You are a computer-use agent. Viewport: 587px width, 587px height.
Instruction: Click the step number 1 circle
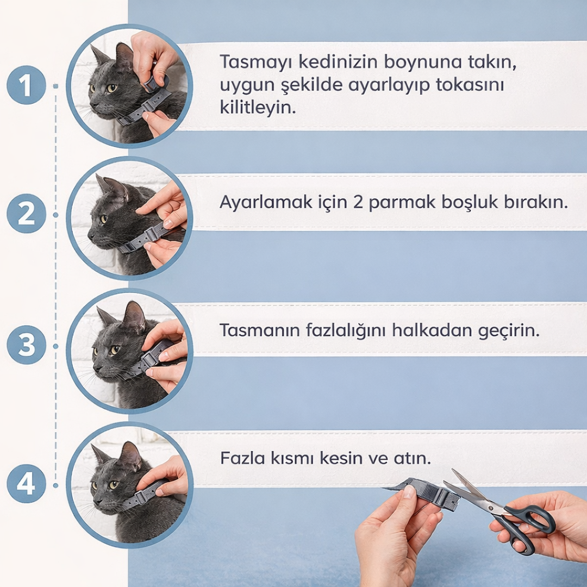tap(26, 85)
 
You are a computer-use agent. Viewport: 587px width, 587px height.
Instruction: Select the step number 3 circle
tap(26, 345)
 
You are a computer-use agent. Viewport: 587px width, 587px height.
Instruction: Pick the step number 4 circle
tap(26, 483)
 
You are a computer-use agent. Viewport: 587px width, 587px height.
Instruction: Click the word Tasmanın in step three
tap(258, 330)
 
